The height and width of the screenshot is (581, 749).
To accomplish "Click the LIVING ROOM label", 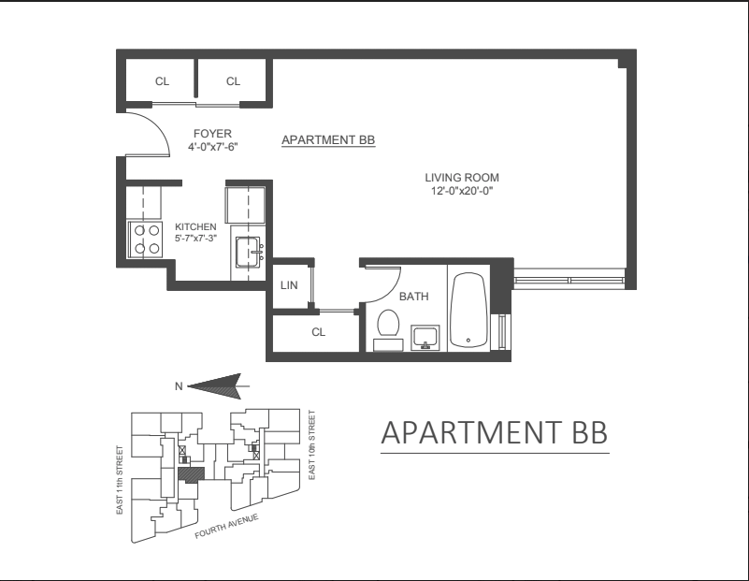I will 462,177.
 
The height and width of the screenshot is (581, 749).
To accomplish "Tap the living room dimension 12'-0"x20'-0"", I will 462,191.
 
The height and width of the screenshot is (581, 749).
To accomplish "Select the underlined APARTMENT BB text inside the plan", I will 328,140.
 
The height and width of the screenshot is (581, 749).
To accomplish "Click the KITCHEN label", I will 195,226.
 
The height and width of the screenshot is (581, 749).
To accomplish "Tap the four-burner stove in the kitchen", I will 145,239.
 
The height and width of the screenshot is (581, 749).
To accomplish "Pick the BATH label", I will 414,297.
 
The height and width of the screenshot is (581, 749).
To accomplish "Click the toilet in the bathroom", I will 387,328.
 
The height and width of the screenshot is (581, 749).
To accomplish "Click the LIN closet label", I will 289,286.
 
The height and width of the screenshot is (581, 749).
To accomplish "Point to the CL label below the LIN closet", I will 317,331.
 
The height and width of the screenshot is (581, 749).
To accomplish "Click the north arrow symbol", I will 217,383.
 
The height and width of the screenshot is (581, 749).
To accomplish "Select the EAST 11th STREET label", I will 119,477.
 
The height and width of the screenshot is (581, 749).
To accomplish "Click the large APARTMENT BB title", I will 495,433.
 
